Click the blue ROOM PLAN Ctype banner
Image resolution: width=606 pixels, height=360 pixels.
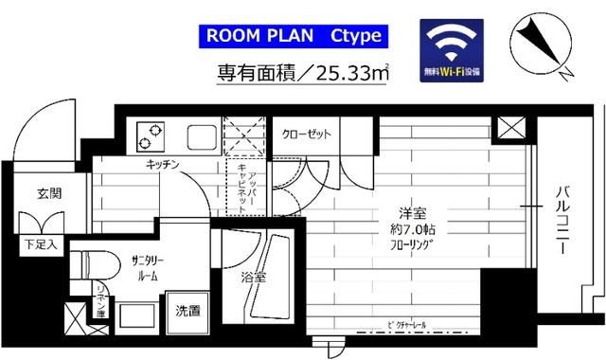(x=291, y=37)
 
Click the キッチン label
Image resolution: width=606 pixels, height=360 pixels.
(x=164, y=165)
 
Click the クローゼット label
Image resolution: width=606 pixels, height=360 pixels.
(x=307, y=135)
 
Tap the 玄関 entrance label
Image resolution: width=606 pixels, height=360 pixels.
(x=49, y=193)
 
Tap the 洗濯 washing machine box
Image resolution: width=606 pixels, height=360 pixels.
(x=187, y=310)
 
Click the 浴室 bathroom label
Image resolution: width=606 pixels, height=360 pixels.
(x=253, y=279)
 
